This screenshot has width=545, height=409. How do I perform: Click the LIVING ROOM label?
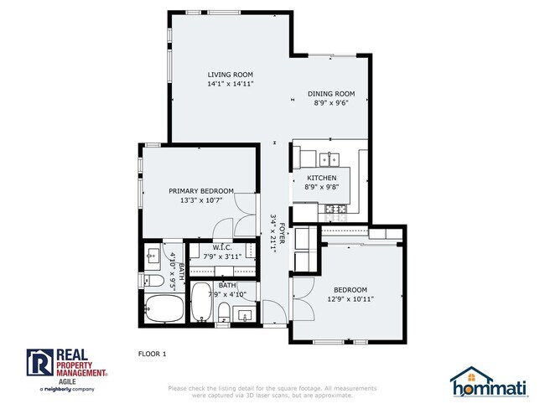(231, 75)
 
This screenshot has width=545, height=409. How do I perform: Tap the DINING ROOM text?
(331, 94)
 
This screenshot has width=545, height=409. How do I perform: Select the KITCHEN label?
(321, 179)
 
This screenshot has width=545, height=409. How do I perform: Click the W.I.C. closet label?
(221, 247)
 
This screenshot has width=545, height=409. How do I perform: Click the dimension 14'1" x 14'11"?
(231, 85)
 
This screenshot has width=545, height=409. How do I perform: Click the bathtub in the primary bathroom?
(158, 309)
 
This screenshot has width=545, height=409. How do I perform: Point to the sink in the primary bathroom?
(153, 254)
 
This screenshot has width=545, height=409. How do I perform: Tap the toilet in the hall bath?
(223, 314)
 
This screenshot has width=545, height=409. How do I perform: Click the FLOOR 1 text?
(153, 354)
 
